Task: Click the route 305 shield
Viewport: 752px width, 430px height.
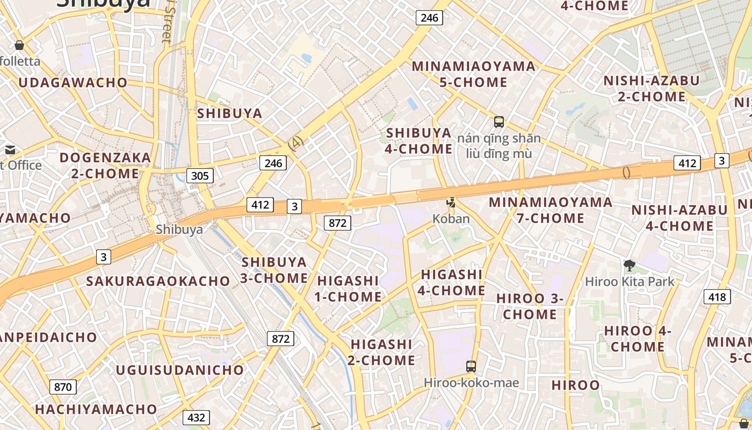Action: (200, 175)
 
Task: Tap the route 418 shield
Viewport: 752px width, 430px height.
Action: (717, 297)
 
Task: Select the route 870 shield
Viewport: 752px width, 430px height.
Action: (63, 386)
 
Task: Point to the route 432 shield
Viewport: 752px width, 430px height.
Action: (196, 418)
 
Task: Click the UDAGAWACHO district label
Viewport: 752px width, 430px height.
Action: (73, 83)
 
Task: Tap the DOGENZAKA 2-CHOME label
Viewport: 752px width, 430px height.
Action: (105, 166)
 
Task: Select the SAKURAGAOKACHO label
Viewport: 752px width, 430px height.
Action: (158, 281)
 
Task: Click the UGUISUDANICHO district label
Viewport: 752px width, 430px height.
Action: (180, 370)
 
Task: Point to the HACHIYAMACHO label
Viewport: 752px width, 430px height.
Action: (96, 410)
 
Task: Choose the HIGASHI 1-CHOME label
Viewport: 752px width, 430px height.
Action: (349, 289)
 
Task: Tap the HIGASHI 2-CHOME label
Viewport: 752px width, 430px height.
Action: (381, 352)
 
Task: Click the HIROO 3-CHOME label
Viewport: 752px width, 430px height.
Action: (530, 306)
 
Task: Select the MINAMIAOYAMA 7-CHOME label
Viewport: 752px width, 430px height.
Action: (551, 210)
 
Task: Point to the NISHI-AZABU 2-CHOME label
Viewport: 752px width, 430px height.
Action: (652, 89)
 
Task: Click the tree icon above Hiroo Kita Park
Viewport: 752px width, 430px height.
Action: (629, 265)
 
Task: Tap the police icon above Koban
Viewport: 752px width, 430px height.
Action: (451, 203)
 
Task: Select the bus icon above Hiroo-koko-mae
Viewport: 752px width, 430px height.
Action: (471, 367)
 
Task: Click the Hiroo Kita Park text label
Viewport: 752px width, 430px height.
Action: (630, 281)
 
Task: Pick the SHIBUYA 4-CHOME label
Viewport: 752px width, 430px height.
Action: (419, 141)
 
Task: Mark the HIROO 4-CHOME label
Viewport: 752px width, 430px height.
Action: (638, 339)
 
